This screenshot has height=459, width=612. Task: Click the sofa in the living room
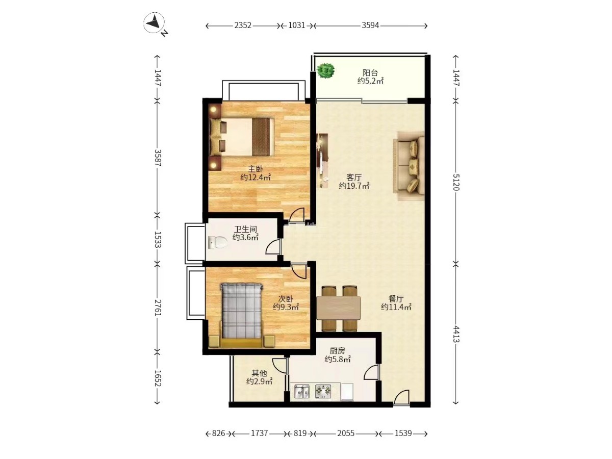[x=409, y=166]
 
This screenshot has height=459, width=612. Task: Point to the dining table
[x=339, y=308]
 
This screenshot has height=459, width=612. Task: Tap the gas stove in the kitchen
[x=323, y=392]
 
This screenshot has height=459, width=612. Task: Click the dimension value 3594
[x=370, y=25]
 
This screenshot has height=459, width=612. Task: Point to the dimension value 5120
[x=456, y=182]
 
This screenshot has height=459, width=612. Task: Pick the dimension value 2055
[x=346, y=433]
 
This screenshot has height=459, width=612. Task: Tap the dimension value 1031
[x=297, y=25]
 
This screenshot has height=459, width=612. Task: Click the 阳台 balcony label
[x=370, y=73]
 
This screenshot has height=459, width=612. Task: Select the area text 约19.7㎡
[x=354, y=186]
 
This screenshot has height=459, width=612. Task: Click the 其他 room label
[x=259, y=373]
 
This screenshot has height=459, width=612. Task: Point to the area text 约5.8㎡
[x=338, y=359]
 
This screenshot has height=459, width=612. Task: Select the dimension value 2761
[x=158, y=308]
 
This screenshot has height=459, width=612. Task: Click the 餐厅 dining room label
[x=396, y=299]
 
